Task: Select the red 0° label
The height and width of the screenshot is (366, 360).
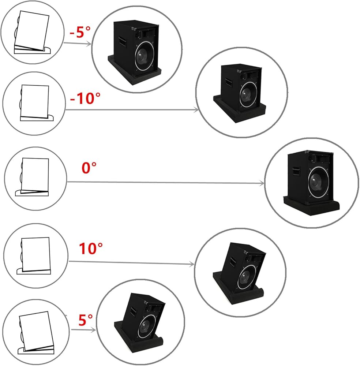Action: point(89,168)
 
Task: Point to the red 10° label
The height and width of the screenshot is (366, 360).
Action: point(91,249)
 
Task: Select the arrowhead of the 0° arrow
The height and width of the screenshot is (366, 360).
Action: point(262,183)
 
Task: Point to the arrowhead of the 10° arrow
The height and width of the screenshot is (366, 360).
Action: point(192,264)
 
